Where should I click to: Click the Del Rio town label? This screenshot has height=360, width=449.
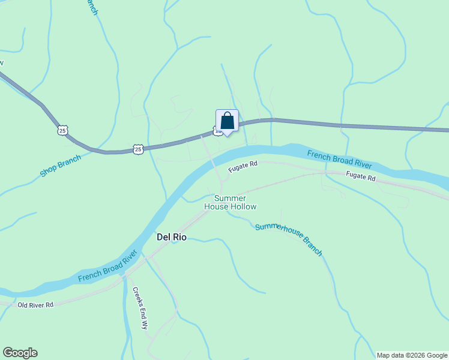[172, 237]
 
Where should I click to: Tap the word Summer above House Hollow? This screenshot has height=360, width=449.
[231, 198]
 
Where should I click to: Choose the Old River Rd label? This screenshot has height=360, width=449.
[35, 305]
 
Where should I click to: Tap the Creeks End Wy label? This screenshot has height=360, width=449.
[140, 308]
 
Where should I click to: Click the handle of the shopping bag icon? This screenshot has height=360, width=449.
[227, 115]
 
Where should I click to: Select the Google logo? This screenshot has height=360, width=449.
[20, 353]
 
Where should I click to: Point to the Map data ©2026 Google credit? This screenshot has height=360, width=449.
[412, 355]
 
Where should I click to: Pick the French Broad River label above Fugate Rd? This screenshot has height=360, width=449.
[340, 160]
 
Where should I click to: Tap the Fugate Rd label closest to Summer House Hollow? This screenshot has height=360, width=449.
[243, 167]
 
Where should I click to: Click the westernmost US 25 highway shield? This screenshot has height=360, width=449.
[63, 130]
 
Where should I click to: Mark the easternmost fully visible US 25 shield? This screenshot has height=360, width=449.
[139, 149]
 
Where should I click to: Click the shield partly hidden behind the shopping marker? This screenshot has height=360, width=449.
[217, 131]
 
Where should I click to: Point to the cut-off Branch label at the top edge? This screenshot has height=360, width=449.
[91, 8]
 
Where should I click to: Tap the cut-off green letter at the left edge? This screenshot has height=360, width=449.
[2, 62]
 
